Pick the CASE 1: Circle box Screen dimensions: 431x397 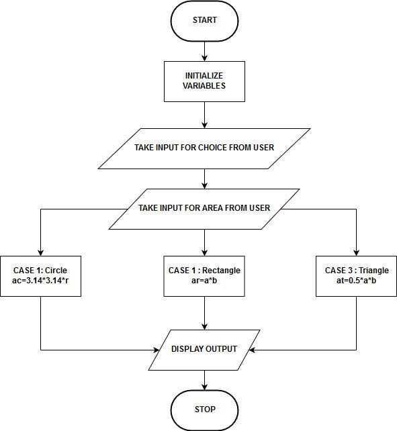41,276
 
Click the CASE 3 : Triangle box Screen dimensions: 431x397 356,276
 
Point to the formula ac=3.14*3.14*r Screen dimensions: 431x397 41,281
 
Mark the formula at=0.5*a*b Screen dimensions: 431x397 356,281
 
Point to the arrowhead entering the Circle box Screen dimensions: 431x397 41,252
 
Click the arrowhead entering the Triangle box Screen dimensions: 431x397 356,252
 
